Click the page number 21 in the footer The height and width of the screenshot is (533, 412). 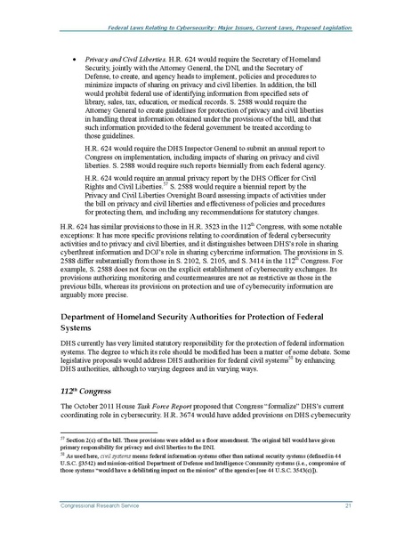pos(354,504)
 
